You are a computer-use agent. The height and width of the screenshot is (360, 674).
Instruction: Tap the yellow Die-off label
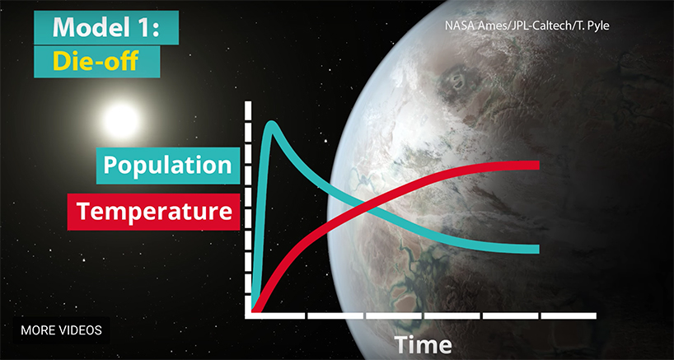(x=96, y=62)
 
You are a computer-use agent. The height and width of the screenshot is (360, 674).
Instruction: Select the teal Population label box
(x=167, y=166)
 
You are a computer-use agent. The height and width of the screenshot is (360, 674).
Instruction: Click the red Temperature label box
(x=153, y=212)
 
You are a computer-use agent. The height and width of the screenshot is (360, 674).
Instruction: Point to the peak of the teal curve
(x=272, y=124)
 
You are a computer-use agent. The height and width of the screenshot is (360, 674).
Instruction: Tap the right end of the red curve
(x=539, y=166)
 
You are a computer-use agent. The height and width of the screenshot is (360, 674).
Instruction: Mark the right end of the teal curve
(x=539, y=249)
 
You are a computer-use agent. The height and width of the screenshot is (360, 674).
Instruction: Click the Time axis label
(x=423, y=345)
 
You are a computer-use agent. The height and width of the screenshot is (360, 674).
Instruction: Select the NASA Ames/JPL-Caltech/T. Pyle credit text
(x=527, y=26)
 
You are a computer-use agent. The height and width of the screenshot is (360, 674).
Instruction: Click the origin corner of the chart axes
(x=248, y=316)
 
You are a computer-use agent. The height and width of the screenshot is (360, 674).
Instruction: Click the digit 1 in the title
(x=144, y=27)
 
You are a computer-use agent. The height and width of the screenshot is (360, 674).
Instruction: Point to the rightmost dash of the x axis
(x=569, y=316)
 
